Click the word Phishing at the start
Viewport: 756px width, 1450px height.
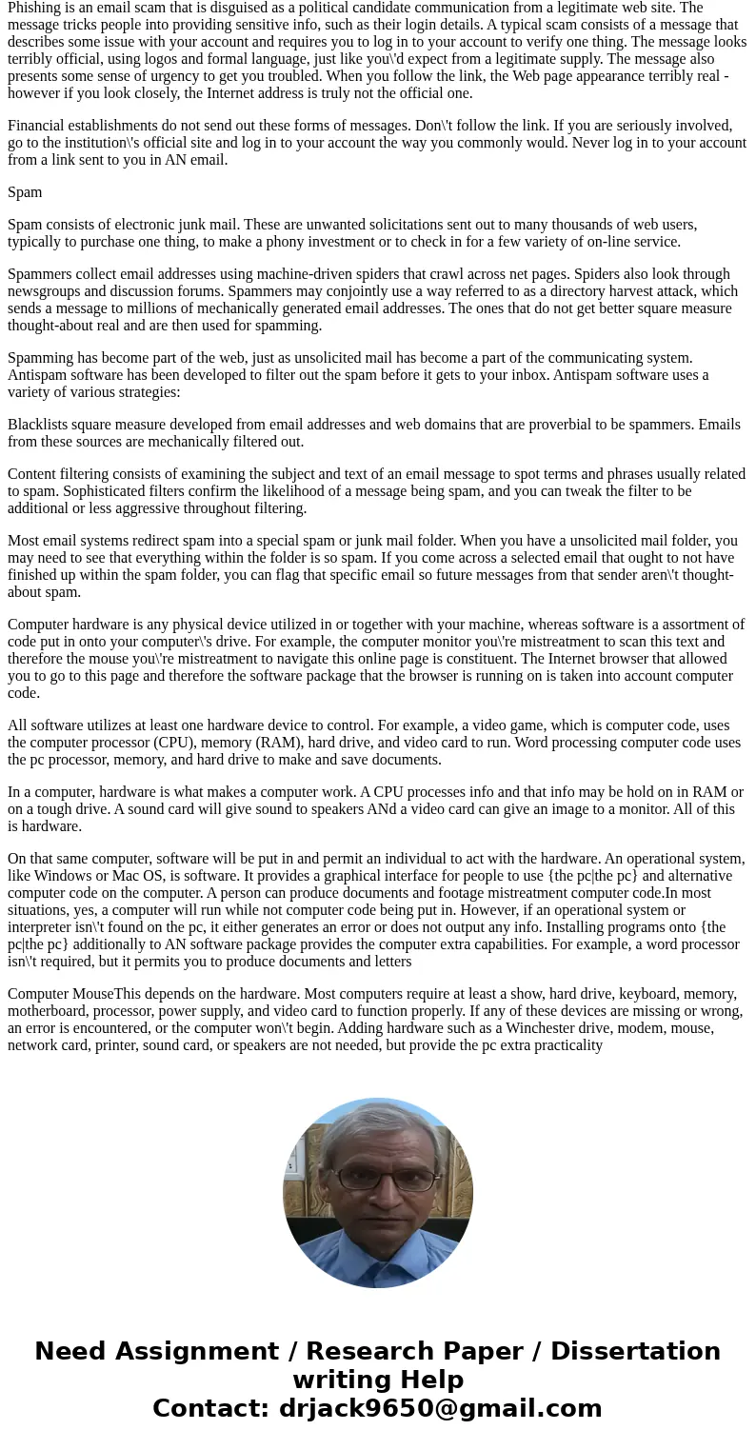point(35,8)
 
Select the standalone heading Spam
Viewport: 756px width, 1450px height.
point(25,192)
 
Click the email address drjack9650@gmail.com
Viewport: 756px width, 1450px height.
point(440,1409)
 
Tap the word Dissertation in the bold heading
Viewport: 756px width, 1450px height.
point(635,1352)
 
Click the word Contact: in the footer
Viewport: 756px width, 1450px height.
point(211,1409)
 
